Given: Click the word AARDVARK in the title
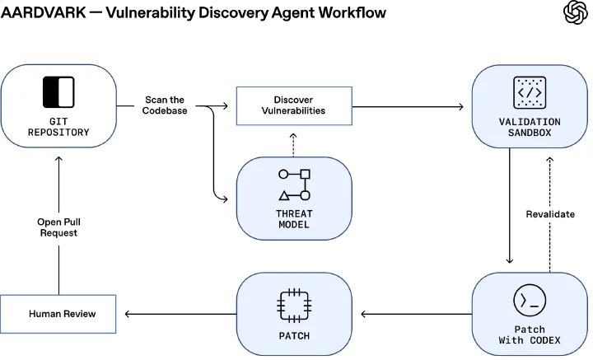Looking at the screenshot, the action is [x=44, y=12].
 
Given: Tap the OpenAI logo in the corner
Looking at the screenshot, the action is [x=576, y=12].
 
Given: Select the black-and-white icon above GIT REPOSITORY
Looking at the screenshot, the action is [x=58, y=92].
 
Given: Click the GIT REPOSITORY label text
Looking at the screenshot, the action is [x=58, y=127].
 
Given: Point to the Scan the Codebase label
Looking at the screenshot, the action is [x=165, y=105].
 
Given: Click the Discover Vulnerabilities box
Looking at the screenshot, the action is [x=294, y=106].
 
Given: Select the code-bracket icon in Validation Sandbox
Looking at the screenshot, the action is [x=530, y=92].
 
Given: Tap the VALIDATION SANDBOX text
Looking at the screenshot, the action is [x=530, y=128].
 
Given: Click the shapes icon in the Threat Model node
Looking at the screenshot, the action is [x=294, y=185].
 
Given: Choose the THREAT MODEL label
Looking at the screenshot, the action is [x=294, y=219].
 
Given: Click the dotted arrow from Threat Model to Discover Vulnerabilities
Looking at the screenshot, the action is [x=293, y=145].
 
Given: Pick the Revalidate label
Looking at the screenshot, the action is [x=550, y=214].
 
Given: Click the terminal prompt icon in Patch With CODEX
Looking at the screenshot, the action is [x=530, y=300].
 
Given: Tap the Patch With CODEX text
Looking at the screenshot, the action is [x=530, y=334].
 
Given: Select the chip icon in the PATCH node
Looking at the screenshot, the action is [x=294, y=306].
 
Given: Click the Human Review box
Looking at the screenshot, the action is [x=58, y=314].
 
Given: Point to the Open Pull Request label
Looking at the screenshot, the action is [x=58, y=227].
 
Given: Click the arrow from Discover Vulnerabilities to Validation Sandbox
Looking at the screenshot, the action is [x=408, y=106].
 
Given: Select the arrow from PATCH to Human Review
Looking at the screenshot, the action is [x=180, y=314].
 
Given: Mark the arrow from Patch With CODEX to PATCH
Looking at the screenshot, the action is [x=417, y=314].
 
